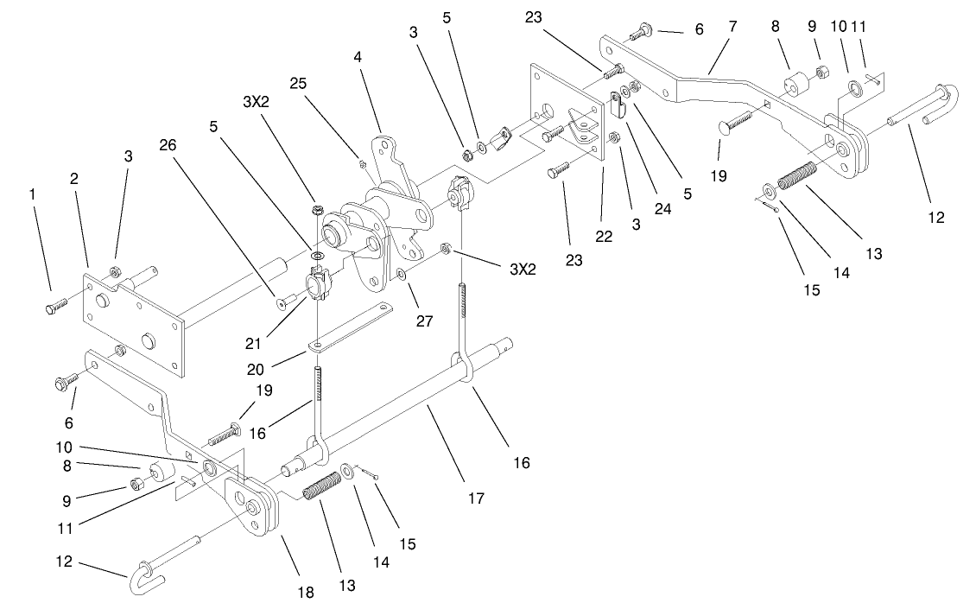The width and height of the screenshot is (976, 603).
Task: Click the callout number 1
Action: [x=34, y=195]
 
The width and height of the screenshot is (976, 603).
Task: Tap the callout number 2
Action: [x=74, y=179]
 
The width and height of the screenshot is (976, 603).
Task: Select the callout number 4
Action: [x=356, y=56]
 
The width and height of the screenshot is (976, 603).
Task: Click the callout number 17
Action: [x=476, y=498]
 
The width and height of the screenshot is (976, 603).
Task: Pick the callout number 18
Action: [x=306, y=592]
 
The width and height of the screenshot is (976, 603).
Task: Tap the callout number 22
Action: [x=603, y=236]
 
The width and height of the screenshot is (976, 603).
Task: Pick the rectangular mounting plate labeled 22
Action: [x=566, y=117]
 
